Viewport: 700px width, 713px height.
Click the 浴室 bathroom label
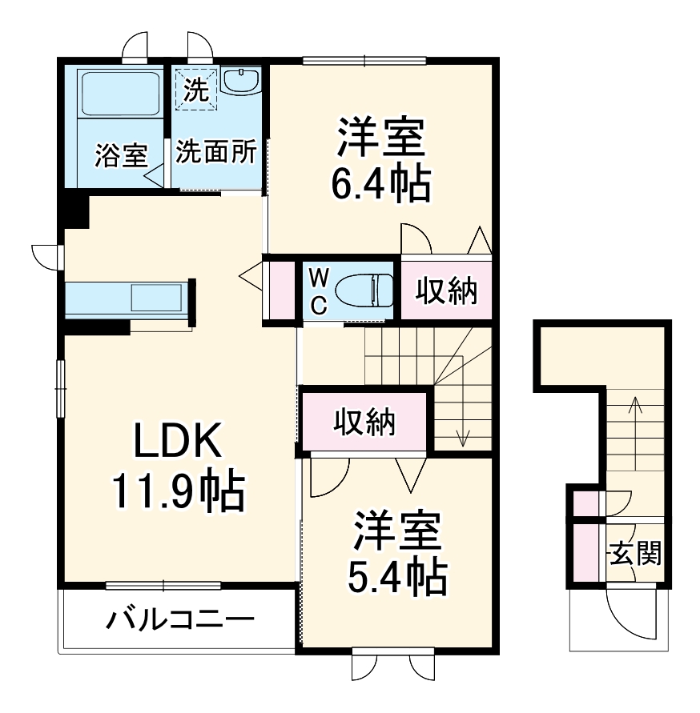click(x=119, y=154)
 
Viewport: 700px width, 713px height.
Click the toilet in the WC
click(x=364, y=290)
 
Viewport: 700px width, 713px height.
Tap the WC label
click(x=318, y=290)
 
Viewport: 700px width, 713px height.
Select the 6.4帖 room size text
click(x=381, y=184)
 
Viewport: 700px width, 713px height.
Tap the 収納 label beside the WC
click(x=445, y=291)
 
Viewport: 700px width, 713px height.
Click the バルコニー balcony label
click(x=181, y=619)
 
